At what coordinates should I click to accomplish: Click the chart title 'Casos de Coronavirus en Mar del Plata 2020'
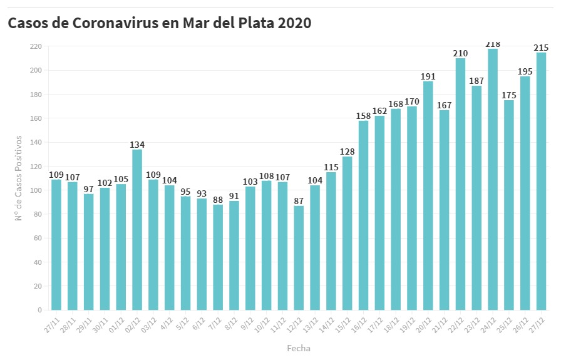point(160,23)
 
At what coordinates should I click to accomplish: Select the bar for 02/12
point(137,229)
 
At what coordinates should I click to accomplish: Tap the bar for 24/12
point(493,179)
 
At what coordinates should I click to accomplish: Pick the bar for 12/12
point(299,257)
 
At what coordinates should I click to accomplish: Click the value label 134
point(137,145)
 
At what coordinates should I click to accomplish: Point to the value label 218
point(493,44)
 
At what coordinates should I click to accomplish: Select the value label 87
point(299,201)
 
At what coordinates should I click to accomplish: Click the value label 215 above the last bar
point(541,48)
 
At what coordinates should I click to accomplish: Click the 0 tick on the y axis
point(39,310)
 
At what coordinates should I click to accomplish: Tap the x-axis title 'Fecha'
point(299,348)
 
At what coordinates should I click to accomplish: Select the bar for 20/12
point(428,195)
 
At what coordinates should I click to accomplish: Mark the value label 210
point(460,54)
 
